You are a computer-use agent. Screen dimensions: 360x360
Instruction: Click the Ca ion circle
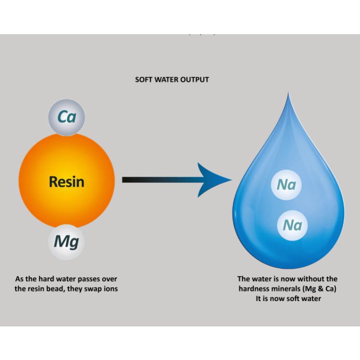coord(66,117)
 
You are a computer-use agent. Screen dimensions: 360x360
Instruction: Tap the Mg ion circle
coord(66,242)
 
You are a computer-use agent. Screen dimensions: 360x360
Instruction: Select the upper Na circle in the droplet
coord(287,184)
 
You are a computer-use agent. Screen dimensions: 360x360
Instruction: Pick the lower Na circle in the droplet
coord(292,225)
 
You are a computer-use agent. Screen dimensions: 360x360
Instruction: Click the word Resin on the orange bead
coord(66,182)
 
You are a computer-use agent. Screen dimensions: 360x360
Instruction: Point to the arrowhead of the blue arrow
coord(218,180)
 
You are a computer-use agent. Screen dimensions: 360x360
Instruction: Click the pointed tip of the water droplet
coord(288,93)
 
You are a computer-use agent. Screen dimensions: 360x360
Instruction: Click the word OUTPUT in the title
coord(195,80)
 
